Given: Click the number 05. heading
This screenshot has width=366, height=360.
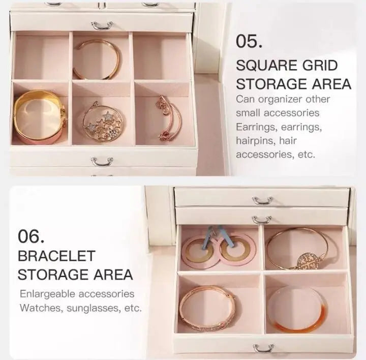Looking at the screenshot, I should click(x=249, y=42).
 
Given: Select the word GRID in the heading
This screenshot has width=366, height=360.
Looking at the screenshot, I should click(x=320, y=66).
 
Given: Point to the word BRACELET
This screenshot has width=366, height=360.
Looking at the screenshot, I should click(x=56, y=256).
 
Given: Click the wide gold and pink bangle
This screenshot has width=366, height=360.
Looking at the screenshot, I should click(x=39, y=117).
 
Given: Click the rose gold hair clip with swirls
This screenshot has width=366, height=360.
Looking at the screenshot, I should click(x=169, y=118).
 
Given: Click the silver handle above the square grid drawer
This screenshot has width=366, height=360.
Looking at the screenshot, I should click(x=102, y=25).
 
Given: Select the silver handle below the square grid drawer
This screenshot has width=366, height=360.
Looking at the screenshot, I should click(x=102, y=162).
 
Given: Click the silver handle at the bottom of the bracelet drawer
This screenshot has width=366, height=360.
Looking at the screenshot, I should click(x=263, y=348).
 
